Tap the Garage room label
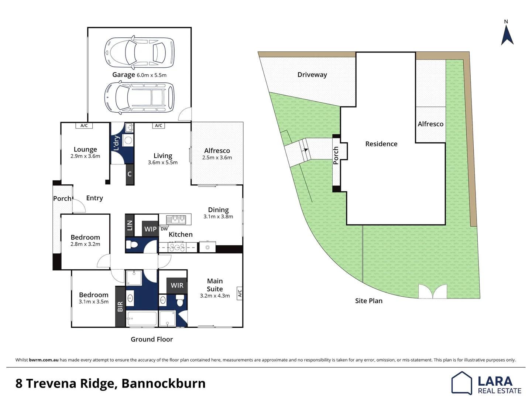pyautogui.click(x=123, y=75)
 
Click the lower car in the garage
pyautogui.click(x=139, y=98)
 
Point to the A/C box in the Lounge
pyautogui.click(x=84, y=126)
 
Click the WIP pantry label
pyautogui.click(x=150, y=229)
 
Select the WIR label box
pyautogui.click(x=177, y=285)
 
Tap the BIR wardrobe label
pyautogui.click(x=120, y=307)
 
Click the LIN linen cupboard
pyautogui.click(x=129, y=225)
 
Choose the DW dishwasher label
pyautogui.click(x=164, y=229)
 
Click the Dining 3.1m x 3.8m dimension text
pyautogui.click(x=218, y=217)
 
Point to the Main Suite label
pyautogui.click(x=215, y=285)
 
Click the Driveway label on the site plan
pyautogui.click(x=312, y=75)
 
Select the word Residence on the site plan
pyautogui.click(x=381, y=144)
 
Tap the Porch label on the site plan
pyautogui.click(x=336, y=155)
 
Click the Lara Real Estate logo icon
pyautogui.click(x=461, y=383)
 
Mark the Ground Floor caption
pyautogui.click(x=152, y=339)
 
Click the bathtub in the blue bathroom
pyautogui.click(x=141, y=318)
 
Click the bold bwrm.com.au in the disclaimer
pyautogui.click(x=44, y=360)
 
